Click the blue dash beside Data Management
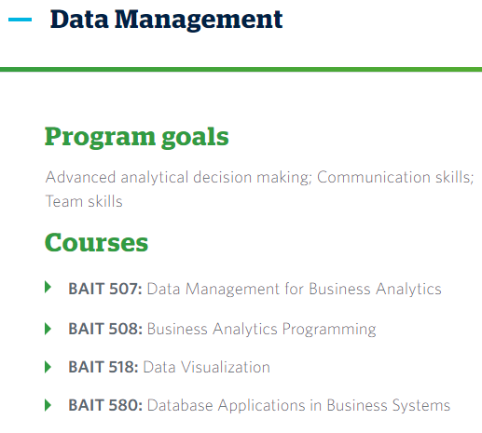point(20,20)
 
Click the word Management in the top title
point(199,20)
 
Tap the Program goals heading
point(137,137)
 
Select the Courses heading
point(97,242)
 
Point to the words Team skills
point(84,201)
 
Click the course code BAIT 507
point(105,289)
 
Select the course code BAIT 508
point(105,329)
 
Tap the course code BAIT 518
point(103,367)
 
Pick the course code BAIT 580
point(105,405)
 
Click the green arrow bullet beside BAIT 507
point(48,287)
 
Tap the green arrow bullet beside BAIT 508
point(48,329)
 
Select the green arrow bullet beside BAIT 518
point(48,367)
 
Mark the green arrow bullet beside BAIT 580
point(48,405)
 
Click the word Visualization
point(226,367)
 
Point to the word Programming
point(329,330)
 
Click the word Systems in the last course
point(421,406)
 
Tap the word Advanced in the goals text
point(80,177)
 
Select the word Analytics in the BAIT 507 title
point(408,290)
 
